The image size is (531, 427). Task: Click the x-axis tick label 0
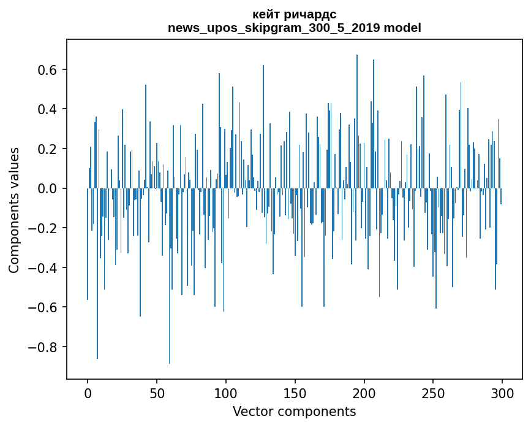tap(88, 393)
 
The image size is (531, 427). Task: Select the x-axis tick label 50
tap(157, 393)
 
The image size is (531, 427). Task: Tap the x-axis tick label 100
tap(226, 393)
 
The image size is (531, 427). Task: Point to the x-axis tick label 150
tap(295, 393)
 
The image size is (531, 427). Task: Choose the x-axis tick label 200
tap(364, 393)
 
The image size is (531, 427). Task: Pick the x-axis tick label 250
tap(434, 393)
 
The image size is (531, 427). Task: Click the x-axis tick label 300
tap(503, 393)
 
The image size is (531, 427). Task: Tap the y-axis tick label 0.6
tap(48, 70)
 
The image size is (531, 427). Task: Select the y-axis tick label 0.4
tap(48, 109)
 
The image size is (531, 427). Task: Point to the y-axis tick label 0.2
tap(48, 149)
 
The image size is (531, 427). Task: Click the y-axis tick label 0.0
tap(48, 188)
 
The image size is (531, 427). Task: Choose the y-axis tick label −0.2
tap(44, 228)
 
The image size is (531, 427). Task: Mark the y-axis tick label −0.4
tap(44, 267)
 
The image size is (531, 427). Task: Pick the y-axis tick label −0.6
tap(44, 307)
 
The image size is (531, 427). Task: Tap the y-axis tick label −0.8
tap(44, 347)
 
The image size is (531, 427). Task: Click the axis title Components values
tap(14, 210)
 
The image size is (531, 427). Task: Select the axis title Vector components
tap(294, 411)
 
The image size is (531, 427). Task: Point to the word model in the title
tap(402, 28)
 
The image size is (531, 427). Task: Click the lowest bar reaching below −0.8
tap(170, 362)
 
